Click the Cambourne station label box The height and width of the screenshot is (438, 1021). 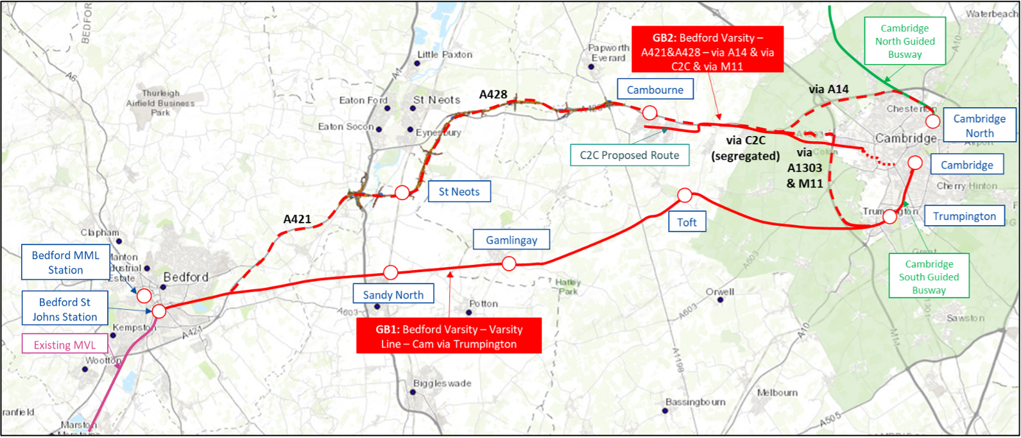[655, 90]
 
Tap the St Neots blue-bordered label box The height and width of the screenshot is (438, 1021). [459, 192]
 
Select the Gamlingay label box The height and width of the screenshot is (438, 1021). [511, 240]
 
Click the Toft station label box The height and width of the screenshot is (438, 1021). [687, 222]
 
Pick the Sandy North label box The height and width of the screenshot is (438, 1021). [393, 295]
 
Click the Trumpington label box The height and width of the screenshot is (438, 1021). [964, 216]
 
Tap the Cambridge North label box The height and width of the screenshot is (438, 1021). [979, 126]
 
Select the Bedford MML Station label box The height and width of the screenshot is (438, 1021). [65, 262]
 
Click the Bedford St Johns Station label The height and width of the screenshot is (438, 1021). [65, 309]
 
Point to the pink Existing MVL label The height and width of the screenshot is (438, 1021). [64, 345]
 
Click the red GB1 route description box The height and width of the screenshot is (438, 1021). [449, 337]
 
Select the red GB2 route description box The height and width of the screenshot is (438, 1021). [707, 52]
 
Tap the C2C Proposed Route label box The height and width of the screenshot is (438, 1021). [629, 155]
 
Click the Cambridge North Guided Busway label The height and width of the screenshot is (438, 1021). [905, 41]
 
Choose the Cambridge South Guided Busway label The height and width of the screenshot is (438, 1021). [929, 277]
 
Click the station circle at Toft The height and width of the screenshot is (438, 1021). [684, 194]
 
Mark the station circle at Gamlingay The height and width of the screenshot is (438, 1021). [509, 263]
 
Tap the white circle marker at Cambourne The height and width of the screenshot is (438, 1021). [649, 113]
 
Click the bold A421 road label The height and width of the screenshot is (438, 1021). [297, 219]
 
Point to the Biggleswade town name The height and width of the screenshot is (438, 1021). [442, 383]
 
